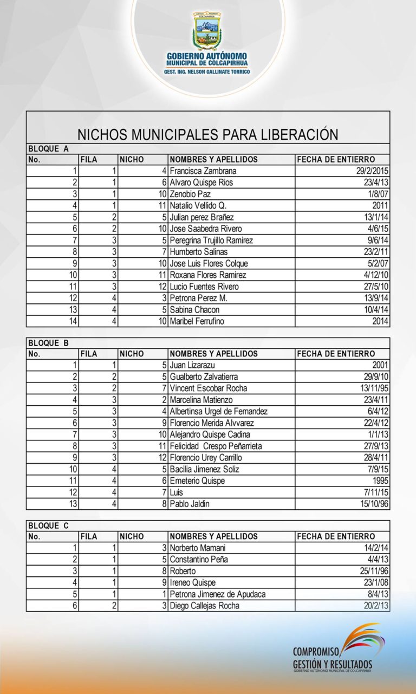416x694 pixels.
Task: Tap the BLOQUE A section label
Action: [48, 148]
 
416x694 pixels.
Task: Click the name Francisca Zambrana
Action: [203, 171]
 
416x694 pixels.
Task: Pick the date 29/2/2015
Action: [370, 171]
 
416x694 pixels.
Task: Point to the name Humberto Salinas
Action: [199, 252]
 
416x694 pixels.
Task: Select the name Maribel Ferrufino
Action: [197, 321]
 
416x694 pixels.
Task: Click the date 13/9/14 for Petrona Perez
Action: [375, 299]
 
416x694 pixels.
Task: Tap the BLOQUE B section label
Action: [48, 342]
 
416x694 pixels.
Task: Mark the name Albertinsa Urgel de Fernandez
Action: [219, 411]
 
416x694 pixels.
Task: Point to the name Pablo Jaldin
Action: [190, 504]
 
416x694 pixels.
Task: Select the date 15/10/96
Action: [373, 504]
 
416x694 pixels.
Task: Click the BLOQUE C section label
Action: [48, 526]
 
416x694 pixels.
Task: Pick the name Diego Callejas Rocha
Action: [205, 606]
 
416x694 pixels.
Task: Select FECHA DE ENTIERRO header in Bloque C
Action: [336, 536]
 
